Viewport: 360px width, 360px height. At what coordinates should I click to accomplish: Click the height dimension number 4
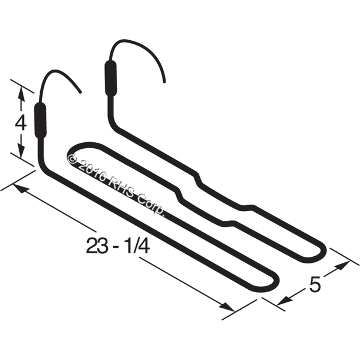20,123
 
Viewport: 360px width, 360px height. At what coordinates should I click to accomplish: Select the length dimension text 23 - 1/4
118,245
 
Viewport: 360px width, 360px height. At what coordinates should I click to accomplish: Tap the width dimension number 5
315,284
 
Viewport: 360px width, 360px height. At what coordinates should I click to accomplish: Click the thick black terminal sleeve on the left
40,121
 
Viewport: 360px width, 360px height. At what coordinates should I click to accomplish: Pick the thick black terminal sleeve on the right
110,78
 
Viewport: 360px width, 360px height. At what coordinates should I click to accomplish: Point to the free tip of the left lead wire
80,92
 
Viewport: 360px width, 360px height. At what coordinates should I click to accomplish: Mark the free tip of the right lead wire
164,82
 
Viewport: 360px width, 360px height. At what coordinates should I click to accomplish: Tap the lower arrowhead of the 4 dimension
21,151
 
